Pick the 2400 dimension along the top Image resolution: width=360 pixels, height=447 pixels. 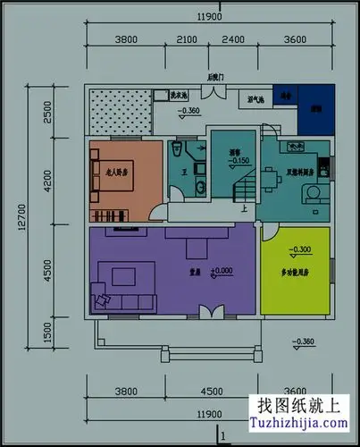tap(232, 40)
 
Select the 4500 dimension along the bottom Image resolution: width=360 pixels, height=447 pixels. tap(211, 391)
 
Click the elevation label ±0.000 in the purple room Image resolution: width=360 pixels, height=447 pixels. tap(221, 270)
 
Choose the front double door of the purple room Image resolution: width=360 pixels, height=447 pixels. tap(211, 311)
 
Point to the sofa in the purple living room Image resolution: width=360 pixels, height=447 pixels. tap(112, 284)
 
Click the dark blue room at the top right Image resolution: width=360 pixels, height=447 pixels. tap(314, 109)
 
